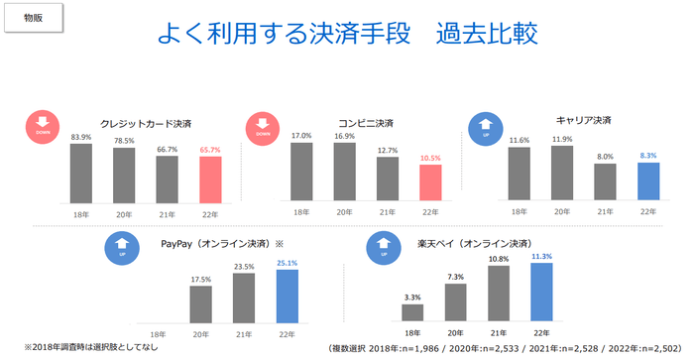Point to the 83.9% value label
(80, 136)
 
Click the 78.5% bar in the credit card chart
(124, 175)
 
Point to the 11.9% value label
(560, 140)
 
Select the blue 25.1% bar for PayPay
(286, 296)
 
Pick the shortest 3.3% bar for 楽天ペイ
(413, 312)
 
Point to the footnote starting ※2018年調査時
(82, 347)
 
